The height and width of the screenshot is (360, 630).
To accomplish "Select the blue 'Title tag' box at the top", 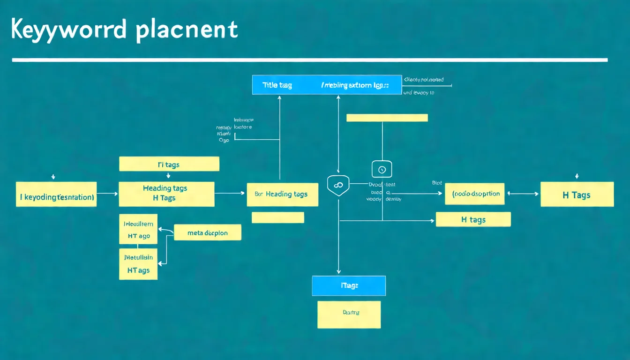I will (x=327, y=85).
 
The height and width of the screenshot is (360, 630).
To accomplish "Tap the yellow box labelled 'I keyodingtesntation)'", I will (x=56, y=195).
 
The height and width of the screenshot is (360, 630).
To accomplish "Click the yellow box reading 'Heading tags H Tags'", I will (x=166, y=194).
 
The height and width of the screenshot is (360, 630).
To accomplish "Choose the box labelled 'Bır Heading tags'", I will (x=283, y=195).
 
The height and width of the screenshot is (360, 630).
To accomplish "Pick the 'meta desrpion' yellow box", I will (x=207, y=232).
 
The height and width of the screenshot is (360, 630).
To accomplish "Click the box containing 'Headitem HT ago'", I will (x=138, y=230).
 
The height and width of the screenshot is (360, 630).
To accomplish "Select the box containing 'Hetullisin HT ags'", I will (x=138, y=264).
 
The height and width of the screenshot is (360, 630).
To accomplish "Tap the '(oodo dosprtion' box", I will (x=474, y=194).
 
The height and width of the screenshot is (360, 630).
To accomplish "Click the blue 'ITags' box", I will (x=349, y=285).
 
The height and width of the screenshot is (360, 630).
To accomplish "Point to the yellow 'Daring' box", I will (x=349, y=315).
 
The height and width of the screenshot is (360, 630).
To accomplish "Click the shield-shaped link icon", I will (x=337, y=185).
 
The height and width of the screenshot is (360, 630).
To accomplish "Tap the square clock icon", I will (x=382, y=169).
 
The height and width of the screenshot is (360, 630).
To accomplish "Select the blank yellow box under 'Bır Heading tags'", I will (x=277, y=217).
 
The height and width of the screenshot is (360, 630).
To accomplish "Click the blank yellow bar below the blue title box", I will (x=387, y=118).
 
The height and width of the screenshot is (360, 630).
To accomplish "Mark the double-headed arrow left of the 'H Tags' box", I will (x=523, y=194).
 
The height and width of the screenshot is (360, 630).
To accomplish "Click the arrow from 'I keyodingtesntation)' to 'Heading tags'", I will (x=107, y=193).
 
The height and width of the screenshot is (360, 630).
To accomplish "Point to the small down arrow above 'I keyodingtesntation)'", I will (x=53, y=177).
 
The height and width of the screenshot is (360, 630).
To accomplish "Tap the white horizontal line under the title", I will (x=309, y=60).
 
